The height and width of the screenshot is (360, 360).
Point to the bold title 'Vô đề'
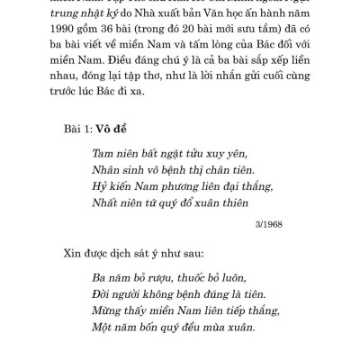pos(111,129)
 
